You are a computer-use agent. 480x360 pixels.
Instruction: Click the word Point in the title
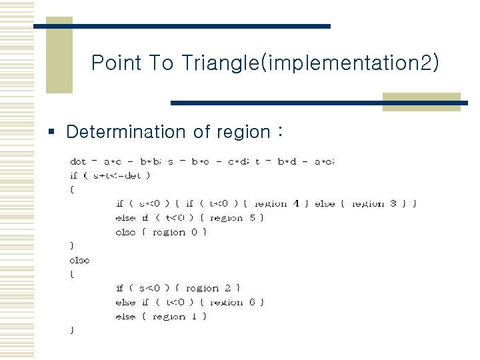(116, 63)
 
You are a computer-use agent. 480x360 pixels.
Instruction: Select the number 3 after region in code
(393, 203)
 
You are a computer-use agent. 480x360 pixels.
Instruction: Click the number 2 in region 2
(228, 288)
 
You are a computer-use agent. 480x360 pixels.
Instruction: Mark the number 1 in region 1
(194, 317)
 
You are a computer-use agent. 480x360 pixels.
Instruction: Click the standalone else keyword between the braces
(79, 260)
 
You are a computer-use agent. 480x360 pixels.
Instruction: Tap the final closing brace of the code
(72, 330)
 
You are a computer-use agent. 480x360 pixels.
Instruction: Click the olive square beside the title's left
(59, 59)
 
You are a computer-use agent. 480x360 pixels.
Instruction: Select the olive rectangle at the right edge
(421, 102)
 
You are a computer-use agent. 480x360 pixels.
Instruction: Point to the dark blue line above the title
(181, 26)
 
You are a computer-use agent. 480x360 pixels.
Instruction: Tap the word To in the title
(162, 63)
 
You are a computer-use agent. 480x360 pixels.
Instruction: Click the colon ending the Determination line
(279, 132)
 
